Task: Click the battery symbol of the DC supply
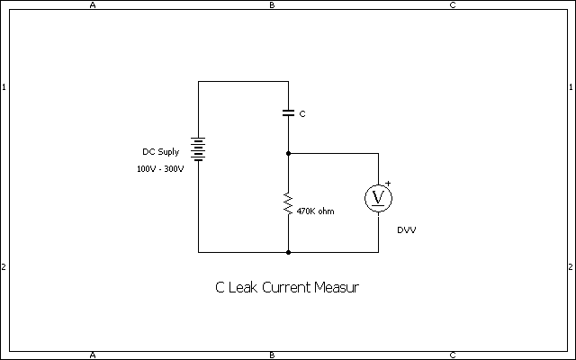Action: pos(198,149)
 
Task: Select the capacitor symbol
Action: pos(288,112)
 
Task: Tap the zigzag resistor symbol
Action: pos(288,203)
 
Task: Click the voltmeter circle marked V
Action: pos(378,198)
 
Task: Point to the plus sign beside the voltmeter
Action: pos(388,183)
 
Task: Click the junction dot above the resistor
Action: pos(288,153)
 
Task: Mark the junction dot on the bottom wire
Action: pos(288,252)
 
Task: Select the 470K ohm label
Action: pos(316,211)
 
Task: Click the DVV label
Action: pos(407,230)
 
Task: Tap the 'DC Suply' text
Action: pos(161,152)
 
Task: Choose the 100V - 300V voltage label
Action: pos(160,169)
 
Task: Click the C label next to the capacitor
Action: pos(302,114)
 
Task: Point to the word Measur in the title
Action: pos(337,287)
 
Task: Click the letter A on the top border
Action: pos(93,5)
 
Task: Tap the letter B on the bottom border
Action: pos(272,355)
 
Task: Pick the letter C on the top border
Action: pos(453,5)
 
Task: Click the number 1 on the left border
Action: pos(4,87)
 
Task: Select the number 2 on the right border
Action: pos(571,267)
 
